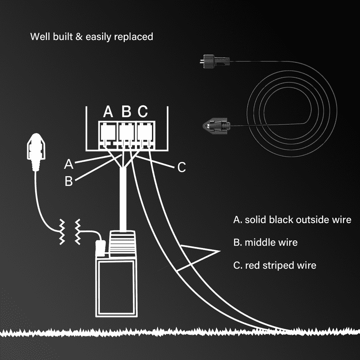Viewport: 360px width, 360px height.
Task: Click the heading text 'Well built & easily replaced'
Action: [x=91, y=37]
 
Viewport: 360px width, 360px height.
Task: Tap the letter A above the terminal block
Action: [x=108, y=112]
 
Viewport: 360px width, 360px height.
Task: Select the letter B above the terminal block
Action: [x=126, y=112]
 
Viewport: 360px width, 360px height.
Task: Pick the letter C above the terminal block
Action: [x=143, y=112]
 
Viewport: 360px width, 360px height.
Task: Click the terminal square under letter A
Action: [x=108, y=133]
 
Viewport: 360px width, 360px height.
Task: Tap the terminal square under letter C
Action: [x=143, y=133]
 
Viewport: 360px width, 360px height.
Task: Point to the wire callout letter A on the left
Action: [x=69, y=164]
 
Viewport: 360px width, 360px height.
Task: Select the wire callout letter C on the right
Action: [x=182, y=167]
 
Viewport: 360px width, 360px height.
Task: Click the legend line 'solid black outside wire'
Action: [x=292, y=220]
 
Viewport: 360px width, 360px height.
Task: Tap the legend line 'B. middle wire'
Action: [x=265, y=242]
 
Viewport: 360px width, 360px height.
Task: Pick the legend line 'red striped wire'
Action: [x=274, y=265]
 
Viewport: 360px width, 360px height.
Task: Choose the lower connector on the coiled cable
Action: [x=216, y=125]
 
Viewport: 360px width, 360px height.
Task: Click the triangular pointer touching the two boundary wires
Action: [x=199, y=255]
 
